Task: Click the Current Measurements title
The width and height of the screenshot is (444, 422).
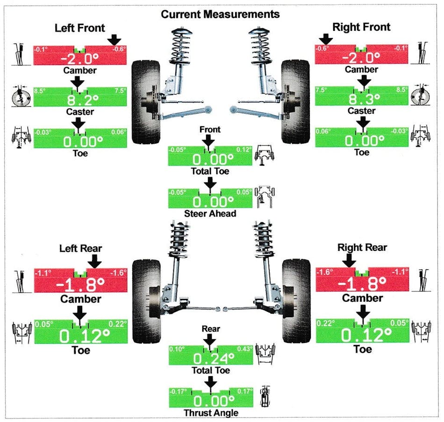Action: [x=220, y=14]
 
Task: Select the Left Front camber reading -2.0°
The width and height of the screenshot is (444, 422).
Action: [x=80, y=58]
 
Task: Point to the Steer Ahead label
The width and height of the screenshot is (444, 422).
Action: [x=210, y=213]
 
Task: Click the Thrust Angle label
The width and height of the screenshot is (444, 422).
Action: [x=210, y=413]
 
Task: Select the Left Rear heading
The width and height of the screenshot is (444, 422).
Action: [x=80, y=248]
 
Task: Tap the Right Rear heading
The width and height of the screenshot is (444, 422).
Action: [x=362, y=247]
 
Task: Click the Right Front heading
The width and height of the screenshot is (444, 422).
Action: [x=361, y=27]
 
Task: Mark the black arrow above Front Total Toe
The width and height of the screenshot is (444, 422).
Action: [x=209, y=140]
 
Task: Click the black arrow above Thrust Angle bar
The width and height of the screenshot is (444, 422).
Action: [x=210, y=384]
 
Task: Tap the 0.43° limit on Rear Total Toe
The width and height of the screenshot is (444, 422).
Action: [x=245, y=349]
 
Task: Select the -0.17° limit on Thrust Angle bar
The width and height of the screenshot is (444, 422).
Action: [x=178, y=392]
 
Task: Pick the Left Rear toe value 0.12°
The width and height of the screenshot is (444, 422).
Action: [x=80, y=335]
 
